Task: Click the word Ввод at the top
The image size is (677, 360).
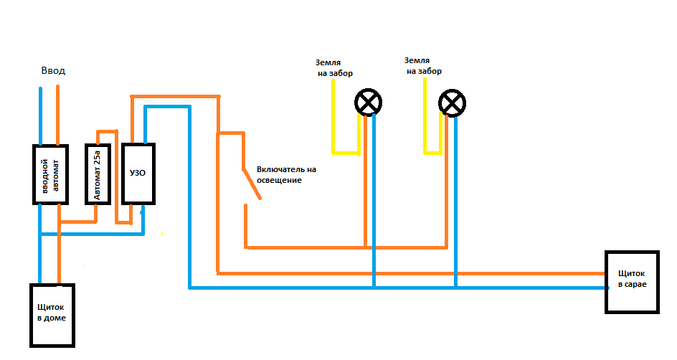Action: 53,70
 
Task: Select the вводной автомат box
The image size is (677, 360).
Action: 50,174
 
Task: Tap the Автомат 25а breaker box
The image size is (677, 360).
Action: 98,174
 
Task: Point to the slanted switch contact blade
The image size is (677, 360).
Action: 252,184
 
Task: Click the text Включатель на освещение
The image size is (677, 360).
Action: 286,174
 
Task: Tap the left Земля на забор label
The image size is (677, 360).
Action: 335,68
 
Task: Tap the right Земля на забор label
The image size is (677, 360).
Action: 423,65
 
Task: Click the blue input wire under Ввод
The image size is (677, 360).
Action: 41,116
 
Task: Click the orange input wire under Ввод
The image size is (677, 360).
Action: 58,115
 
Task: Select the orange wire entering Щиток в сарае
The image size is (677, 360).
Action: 410,273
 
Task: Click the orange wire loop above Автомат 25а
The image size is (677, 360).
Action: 107,131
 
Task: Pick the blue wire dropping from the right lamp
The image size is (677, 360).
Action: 455,202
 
